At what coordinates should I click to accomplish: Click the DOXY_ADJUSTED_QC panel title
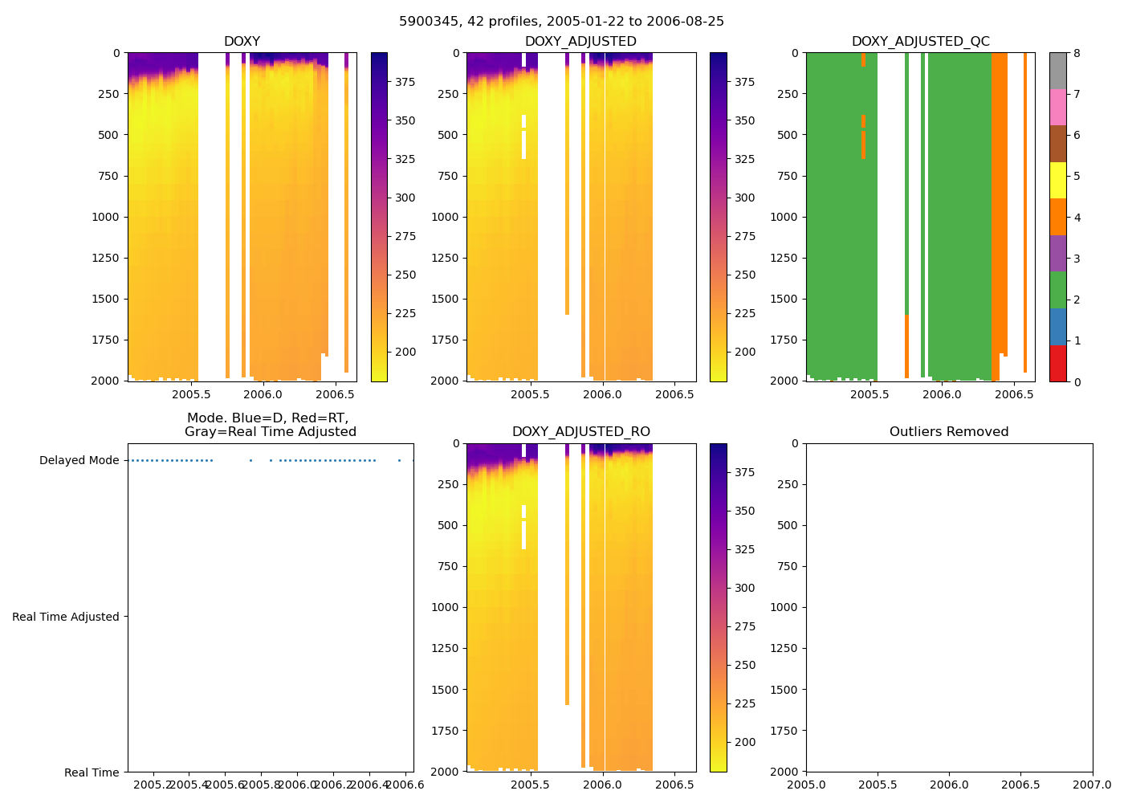920,42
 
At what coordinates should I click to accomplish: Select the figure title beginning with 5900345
561,22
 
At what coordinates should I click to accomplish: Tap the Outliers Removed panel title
948,432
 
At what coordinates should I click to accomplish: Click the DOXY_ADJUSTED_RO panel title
580,432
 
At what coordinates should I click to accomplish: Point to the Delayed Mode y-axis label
79,461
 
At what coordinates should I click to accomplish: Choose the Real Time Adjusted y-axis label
65,617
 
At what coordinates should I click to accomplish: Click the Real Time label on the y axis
92,772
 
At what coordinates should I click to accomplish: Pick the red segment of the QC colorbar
1058,364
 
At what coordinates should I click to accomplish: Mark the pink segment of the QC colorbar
1058,108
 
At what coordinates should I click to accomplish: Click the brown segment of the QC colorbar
1058,144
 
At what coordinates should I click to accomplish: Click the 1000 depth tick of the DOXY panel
105,217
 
